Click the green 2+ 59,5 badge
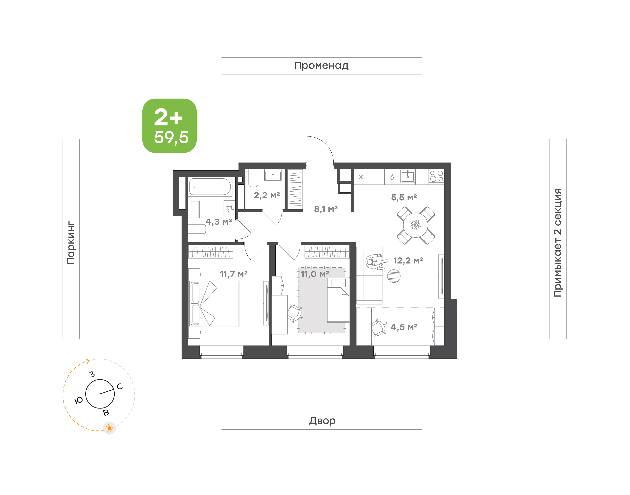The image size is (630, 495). coord(169,126)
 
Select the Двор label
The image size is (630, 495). coord(322,421)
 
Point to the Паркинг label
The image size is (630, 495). coord(71,243)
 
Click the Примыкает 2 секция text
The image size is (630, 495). coord(557,243)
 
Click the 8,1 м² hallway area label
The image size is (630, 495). coord(326,209)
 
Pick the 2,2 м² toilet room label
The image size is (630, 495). coord(267,195)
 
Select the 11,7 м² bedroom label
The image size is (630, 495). coord(234,274)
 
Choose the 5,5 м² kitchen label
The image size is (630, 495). coord(404,198)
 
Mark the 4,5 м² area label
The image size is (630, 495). coord(404,327)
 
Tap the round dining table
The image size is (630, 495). coord(416,225)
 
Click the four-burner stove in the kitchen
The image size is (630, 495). coord(436,176)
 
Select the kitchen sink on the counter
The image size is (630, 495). coord(408,176)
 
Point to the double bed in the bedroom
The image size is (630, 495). coord(214,303)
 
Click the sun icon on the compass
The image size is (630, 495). coord(109,428)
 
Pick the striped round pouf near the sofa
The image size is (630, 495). coord(394,276)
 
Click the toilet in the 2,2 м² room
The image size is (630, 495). coord(253,178)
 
